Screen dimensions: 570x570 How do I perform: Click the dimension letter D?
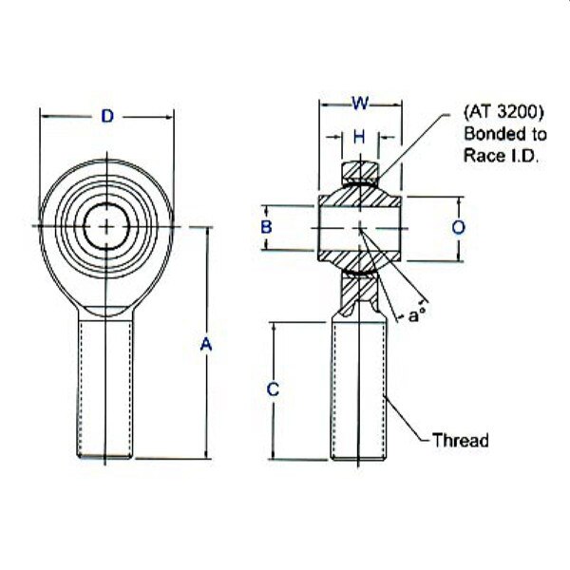point(107,116)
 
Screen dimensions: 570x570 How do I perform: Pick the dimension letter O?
point(459,228)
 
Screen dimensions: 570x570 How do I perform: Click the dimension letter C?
point(273,389)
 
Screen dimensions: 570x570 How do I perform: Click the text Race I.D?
point(500,159)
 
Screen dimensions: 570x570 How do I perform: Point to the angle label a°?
point(415,315)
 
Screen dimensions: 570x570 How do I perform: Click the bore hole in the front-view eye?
point(107,225)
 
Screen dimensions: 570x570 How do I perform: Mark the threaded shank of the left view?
point(107,389)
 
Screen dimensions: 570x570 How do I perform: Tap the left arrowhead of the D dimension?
point(43,116)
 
